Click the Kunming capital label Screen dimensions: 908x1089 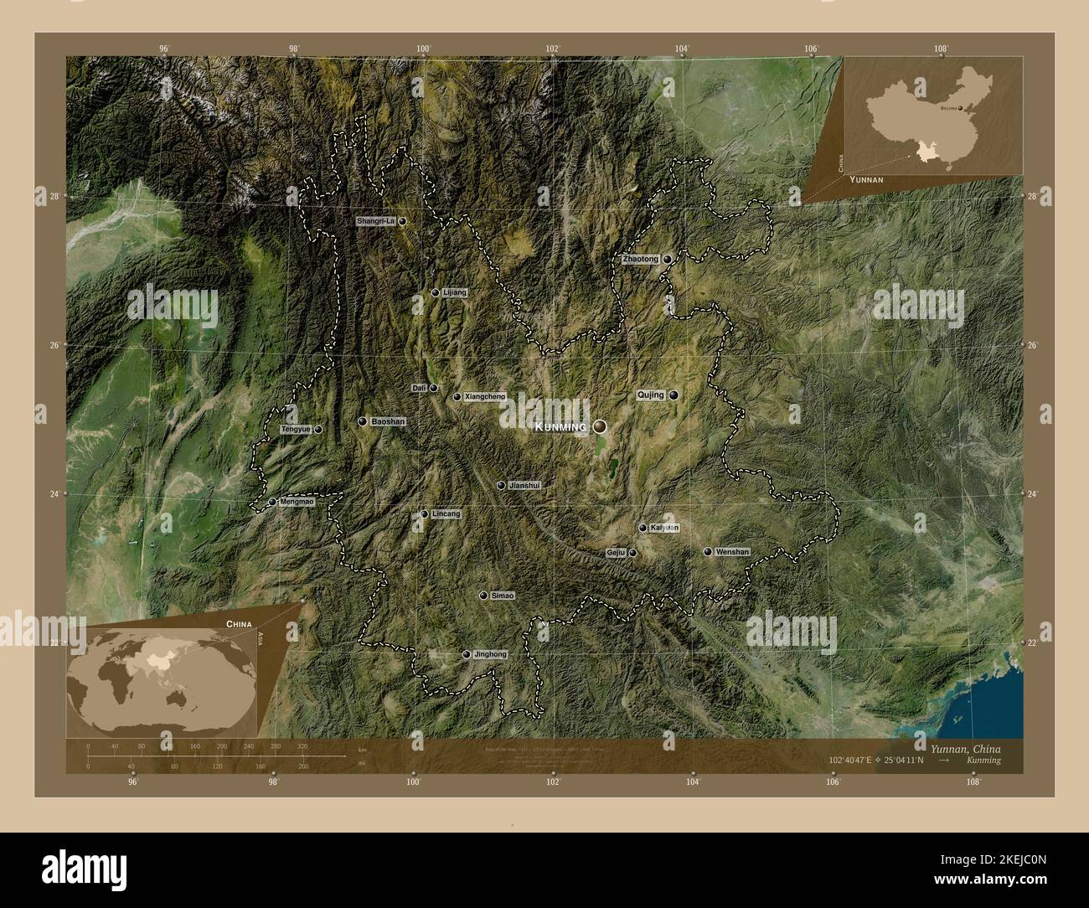coord(560,427)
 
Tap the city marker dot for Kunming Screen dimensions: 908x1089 coord(600,426)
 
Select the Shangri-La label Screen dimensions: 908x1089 coord(375,221)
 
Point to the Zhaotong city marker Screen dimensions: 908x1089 coord(668,260)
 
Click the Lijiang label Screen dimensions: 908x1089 coord(455,293)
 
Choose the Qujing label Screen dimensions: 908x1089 coord(651,395)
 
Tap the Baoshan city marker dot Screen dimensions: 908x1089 coord(363,422)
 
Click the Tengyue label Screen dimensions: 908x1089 coord(296,430)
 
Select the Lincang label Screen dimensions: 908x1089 coord(446,514)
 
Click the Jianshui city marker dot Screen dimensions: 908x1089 coord(501,485)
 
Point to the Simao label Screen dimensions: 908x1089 coord(503,596)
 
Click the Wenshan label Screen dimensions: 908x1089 coord(732,552)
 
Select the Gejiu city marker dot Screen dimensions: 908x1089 coord(633,554)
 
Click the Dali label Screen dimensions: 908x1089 coord(419,388)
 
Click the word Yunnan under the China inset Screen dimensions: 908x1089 coord(866,179)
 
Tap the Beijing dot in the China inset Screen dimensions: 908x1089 coord(960,108)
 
